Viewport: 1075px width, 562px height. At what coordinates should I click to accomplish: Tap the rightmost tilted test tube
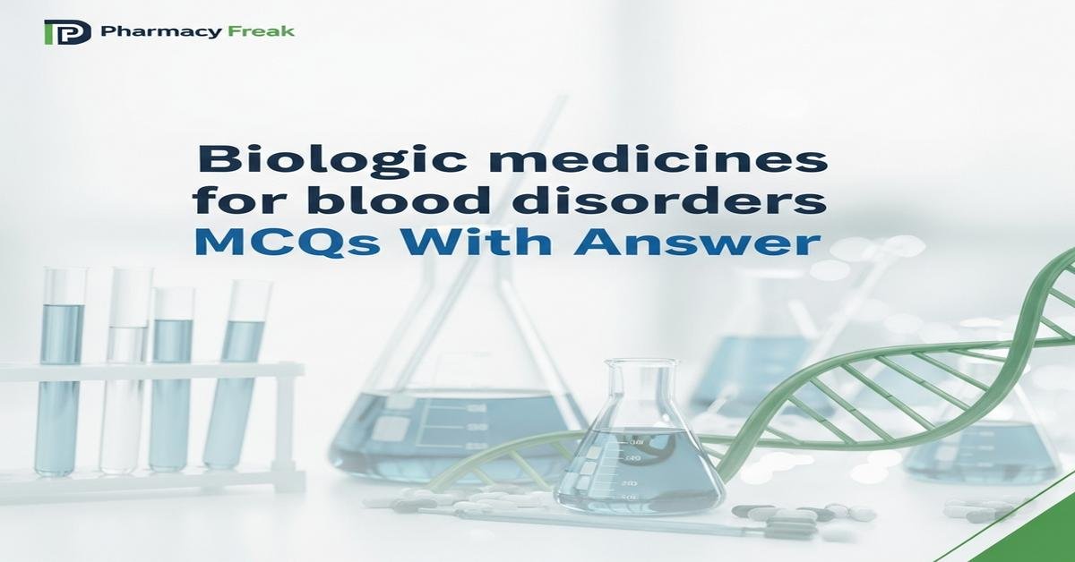tap(235, 376)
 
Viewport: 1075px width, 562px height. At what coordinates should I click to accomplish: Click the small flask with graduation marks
tap(637, 465)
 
